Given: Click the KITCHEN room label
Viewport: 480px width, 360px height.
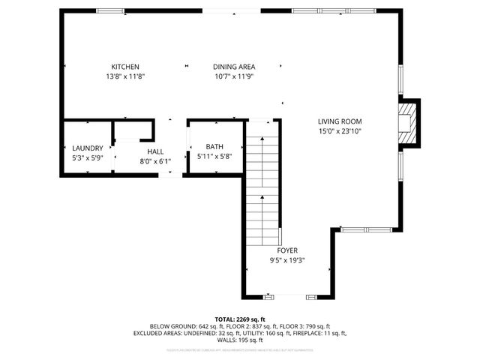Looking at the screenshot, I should (125, 67).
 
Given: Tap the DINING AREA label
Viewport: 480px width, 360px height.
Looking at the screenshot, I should (234, 67).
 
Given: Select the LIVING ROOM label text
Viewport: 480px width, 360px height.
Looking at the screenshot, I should (340, 121).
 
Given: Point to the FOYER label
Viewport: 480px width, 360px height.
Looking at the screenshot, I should (287, 250).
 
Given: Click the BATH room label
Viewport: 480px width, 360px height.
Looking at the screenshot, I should (215, 147).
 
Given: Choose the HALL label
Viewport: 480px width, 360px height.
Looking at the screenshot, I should (155, 151).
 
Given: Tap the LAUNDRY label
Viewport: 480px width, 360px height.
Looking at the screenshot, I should (87, 148).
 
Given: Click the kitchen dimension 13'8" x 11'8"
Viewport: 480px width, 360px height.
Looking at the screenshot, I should (125, 76).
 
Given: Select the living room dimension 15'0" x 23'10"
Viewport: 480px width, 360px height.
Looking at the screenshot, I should (340, 131).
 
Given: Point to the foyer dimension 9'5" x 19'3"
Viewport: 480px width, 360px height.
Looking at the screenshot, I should (287, 260).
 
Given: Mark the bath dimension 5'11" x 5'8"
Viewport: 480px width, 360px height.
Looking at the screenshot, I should (215, 157).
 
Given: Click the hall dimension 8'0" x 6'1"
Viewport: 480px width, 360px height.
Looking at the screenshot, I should (155, 160).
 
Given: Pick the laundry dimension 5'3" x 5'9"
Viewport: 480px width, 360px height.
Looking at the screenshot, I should (87, 158).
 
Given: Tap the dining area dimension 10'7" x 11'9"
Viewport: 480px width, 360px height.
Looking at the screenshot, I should (234, 76).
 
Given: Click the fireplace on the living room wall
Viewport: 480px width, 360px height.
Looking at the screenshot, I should (407, 121).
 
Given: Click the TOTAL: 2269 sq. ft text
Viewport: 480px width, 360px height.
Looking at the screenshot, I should (240, 319).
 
